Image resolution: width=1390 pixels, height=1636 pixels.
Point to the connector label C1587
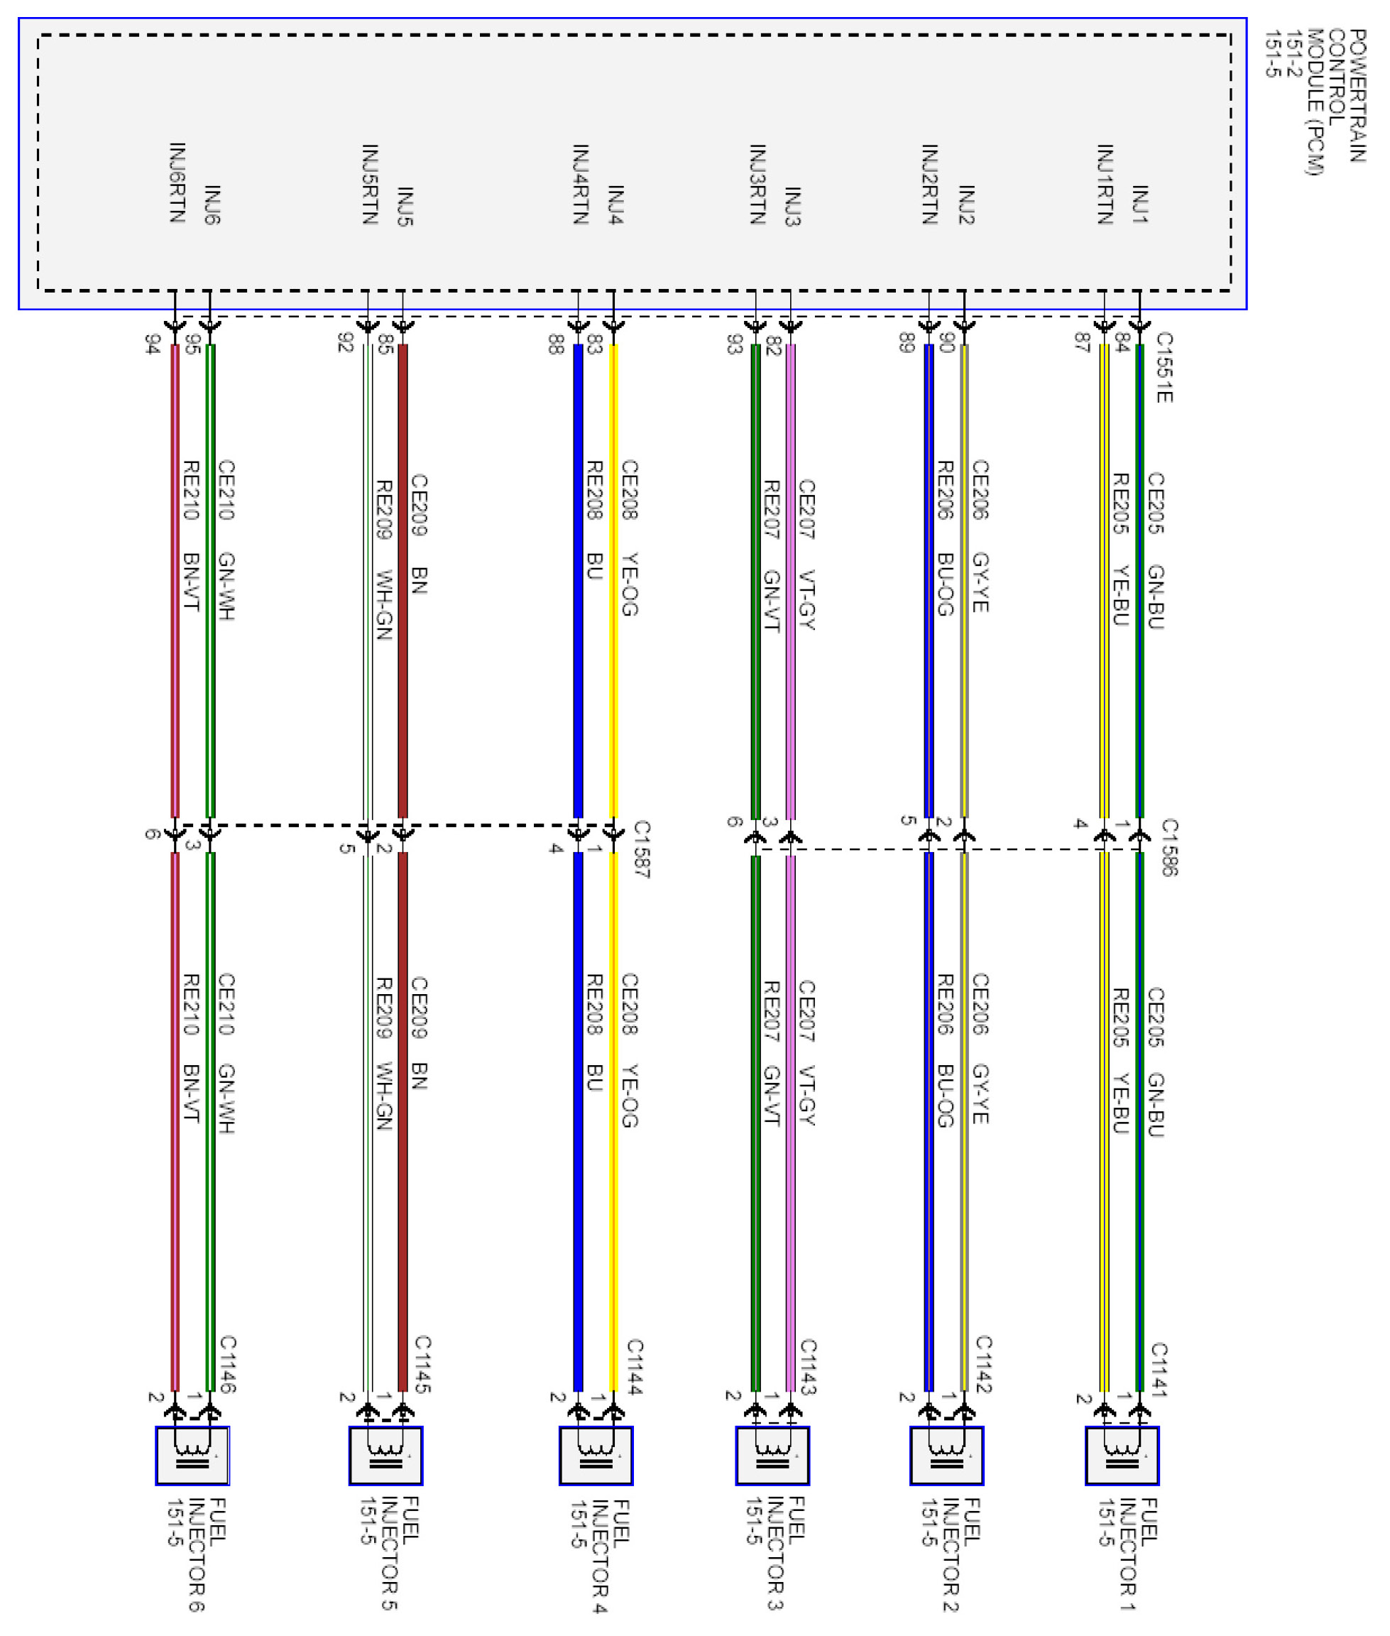(642, 849)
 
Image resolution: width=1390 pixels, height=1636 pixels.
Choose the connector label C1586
(1169, 847)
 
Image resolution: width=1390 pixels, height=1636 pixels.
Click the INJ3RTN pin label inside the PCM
(757, 185)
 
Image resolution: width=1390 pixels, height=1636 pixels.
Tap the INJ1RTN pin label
(1105, 185)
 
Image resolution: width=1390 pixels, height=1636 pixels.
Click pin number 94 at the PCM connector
(153, 344)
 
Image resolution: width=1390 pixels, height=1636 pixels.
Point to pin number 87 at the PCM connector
(1082, 342)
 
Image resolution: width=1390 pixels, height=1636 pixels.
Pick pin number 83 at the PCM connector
(595, 344)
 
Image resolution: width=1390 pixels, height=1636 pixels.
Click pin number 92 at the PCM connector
(345, 343)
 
